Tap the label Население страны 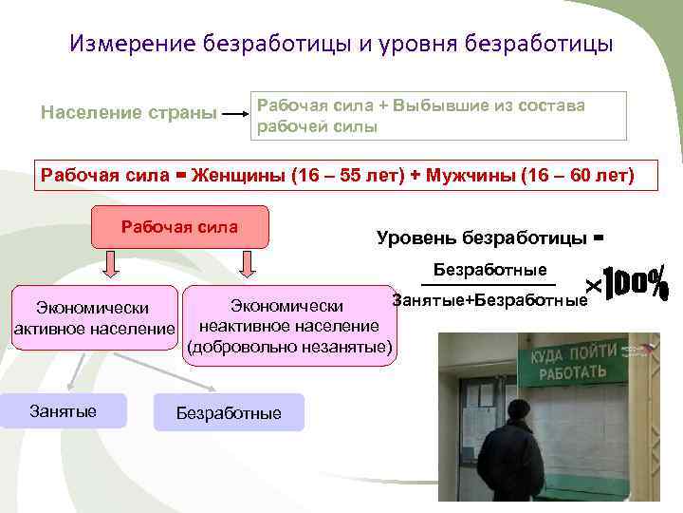(x=128, y=113)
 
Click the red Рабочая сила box (x=180, y=228)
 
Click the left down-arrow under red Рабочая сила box (x=112, y=264)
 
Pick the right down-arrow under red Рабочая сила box (x=248, y=264)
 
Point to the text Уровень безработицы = (x=489, y=237)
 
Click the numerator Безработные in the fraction (x=489, y=270)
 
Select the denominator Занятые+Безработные (x=489, y=300)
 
